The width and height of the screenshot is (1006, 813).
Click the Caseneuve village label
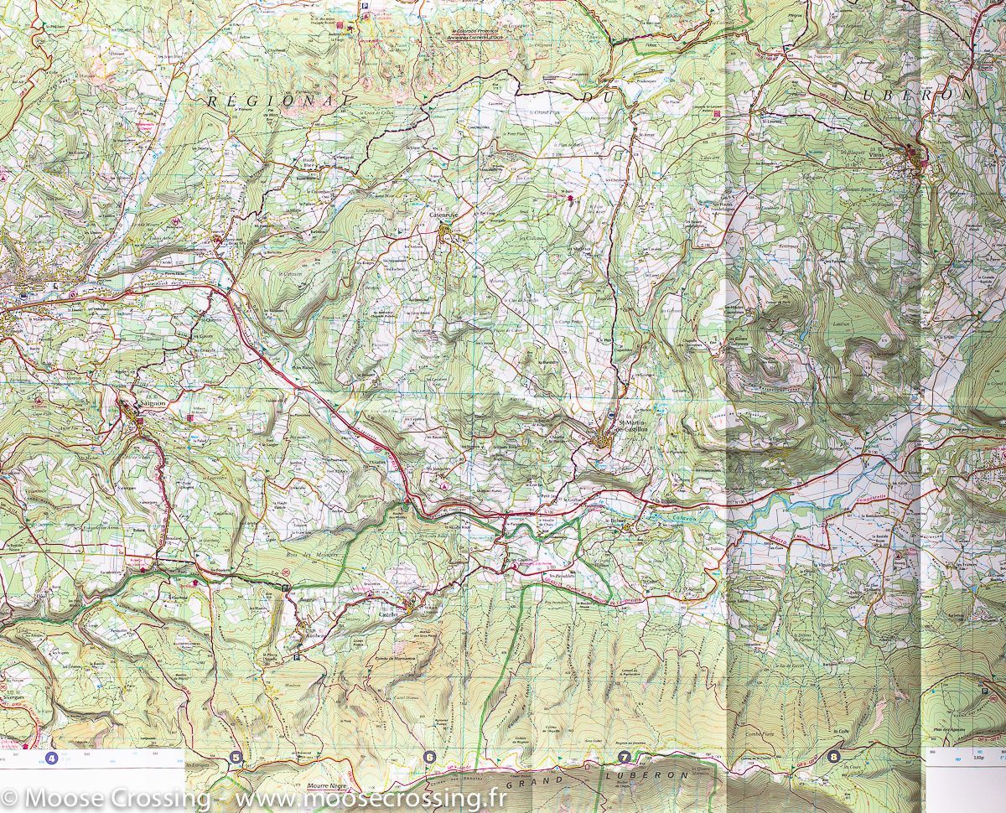click(441, 215)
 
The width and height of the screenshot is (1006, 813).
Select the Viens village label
click(900, 154)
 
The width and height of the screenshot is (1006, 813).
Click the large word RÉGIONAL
click(277, 99)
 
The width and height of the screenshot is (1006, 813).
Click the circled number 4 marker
click(54, 759)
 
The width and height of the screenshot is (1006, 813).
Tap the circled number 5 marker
click(236, 759)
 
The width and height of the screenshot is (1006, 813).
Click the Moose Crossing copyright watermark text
click(251, 796)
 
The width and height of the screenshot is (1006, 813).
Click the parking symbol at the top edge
click(365, 7)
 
